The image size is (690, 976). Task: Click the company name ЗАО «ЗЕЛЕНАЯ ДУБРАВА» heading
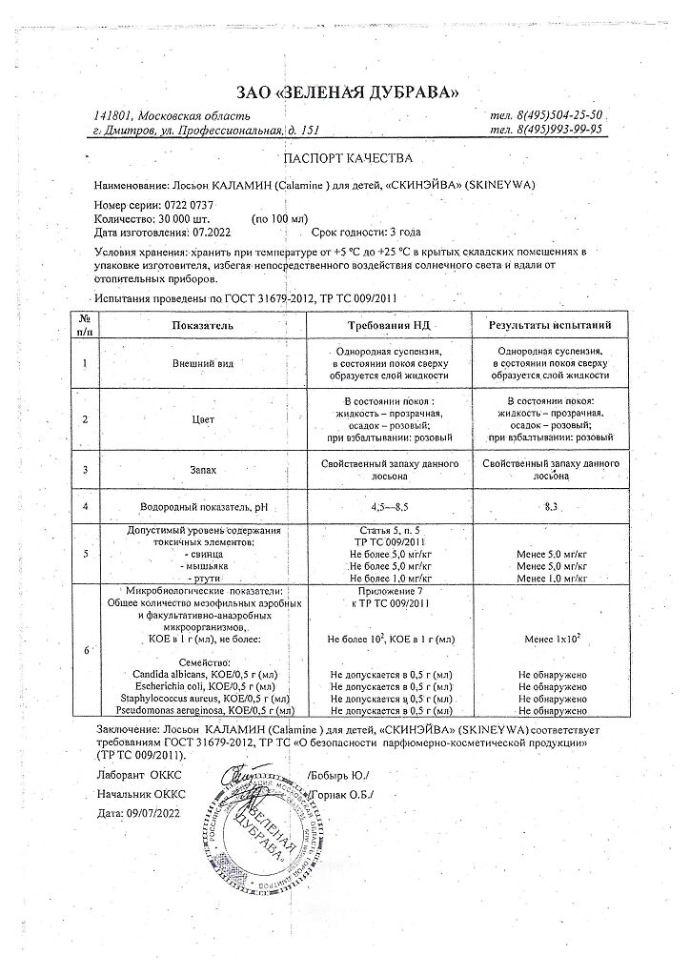pyautogui.click(x=346, y=91)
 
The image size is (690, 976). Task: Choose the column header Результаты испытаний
pyautogui.click(x=551, y=325)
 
